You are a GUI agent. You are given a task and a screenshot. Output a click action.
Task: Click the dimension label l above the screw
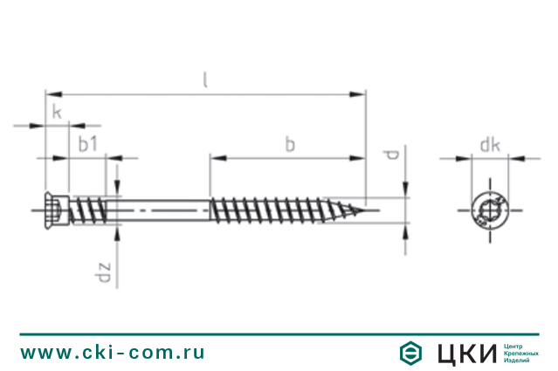pos(205,79)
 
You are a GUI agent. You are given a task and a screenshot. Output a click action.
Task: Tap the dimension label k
pos(57,112)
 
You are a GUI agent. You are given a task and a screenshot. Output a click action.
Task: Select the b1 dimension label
pos(87,144)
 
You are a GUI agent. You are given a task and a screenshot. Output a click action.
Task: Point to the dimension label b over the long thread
pos(290,144)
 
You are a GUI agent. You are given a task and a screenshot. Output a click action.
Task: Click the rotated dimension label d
pos(390,155)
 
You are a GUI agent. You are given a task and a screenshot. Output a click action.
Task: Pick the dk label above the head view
pos(490,145)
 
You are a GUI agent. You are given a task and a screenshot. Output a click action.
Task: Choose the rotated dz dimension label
pos(103,272)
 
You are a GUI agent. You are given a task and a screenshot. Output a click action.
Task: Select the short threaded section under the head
pos(88,210)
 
